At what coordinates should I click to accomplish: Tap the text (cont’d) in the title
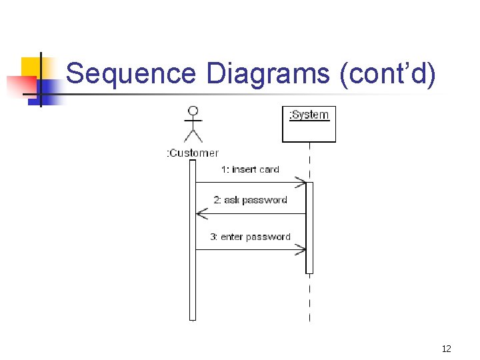point(388,73)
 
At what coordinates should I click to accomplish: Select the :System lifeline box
point(309,124)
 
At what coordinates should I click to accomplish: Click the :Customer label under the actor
point(192,153)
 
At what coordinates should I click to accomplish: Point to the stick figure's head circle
point(193,111)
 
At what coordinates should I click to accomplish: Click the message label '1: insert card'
point(250,169)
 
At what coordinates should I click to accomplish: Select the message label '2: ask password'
point(250,200)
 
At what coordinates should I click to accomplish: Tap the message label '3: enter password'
point(250,237)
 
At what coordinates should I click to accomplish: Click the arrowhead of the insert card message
point(301,182)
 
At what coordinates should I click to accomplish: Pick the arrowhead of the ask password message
point(201,214)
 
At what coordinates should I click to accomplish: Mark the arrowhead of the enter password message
point(301,250)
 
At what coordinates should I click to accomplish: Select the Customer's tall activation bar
point(193,240)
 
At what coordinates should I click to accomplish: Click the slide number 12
point(446,349)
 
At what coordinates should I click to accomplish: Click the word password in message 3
point(268,237)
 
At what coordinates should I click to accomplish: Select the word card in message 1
point(269,169)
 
